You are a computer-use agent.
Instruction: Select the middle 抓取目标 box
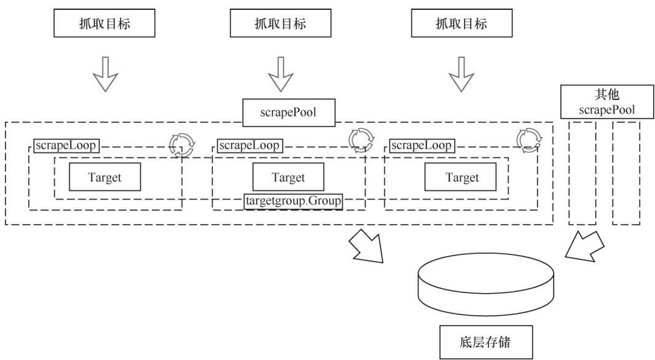click(280, 24)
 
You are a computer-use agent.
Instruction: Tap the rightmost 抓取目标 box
click(456, 24)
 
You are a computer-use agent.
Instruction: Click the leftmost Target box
click(104, 178)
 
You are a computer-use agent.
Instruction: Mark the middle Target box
click(288, 178)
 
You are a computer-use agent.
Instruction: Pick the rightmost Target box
click(461, 178)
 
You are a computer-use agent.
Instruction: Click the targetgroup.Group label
click(293, 200)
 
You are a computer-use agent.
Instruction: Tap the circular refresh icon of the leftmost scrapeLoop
click(181, 144)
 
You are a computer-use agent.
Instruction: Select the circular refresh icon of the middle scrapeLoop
click(361, 139)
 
